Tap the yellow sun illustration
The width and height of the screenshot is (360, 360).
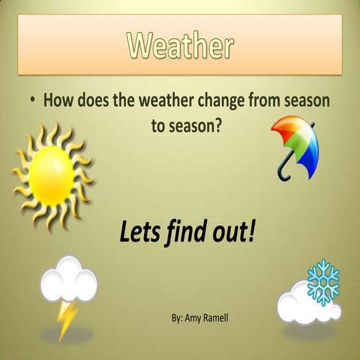(52, 176)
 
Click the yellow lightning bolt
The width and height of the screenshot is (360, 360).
(67, 319)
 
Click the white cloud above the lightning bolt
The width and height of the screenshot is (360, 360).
(68, 282)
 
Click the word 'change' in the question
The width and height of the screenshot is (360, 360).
(220, 100)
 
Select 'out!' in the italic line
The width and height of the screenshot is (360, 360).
(234, 233)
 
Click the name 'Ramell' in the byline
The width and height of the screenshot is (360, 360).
(214, 317)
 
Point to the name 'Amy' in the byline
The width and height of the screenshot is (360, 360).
(190, 318)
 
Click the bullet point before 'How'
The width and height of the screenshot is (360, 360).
(34, 100)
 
